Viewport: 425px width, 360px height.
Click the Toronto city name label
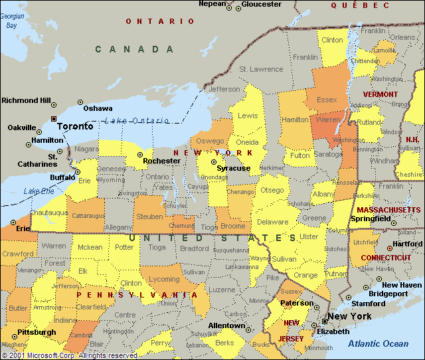[x=76, y=126]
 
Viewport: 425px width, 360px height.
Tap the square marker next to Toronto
[x=53, y=119]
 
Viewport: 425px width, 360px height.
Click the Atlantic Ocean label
[x=379, y=343]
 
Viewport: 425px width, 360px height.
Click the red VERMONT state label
[x=381, y=94]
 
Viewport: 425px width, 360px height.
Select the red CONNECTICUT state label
[x=386, y=258]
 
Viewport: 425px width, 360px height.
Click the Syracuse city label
[x=234, y=168]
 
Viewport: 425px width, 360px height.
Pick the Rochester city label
[x=161, y=161]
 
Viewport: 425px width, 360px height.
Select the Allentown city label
[x=226, y=325]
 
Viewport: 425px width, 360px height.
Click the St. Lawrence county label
[x=261, y=69]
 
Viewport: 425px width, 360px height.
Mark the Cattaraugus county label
[x=88, y=216]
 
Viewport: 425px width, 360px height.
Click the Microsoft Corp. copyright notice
[x=70, y=355]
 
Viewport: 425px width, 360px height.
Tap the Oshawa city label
[x=98, y=108]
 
